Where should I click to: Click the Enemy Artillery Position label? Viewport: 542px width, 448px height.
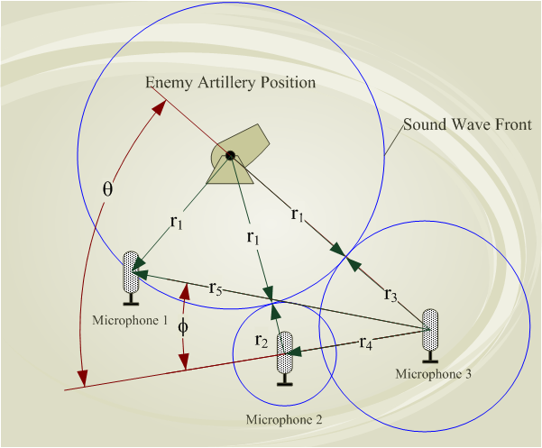[231, 83]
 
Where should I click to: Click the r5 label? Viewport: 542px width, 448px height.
[216, 288]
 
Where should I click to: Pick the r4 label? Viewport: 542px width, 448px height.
[366, 343]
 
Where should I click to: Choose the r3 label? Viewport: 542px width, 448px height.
[390, 294]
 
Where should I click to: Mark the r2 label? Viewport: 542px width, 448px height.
[261, 340]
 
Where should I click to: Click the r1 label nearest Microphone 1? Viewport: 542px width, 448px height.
[175, 224]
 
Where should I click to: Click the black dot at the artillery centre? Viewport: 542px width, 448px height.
[230, 156]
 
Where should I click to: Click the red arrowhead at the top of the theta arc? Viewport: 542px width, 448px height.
[161, 106]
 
